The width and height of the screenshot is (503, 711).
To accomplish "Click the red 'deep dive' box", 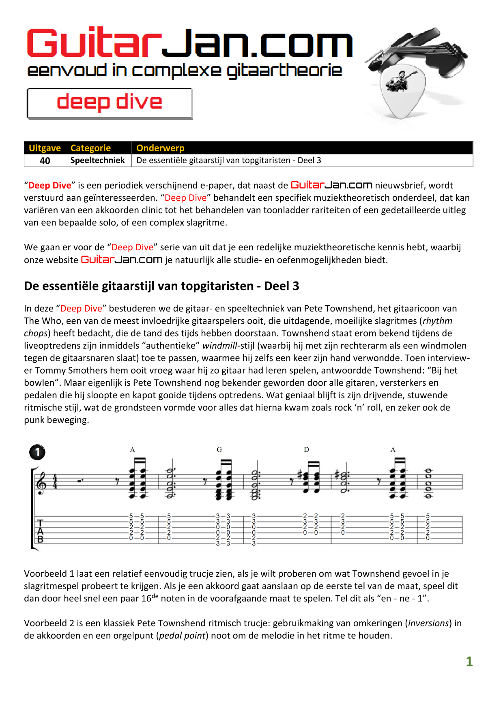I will (110, 103).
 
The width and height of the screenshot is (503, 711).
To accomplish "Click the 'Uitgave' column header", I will (45, 148).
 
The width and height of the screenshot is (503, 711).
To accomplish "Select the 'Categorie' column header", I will (90, 148).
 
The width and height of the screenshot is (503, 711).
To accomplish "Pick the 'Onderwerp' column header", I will (160, 148).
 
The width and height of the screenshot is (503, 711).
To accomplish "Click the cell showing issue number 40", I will (45, 161).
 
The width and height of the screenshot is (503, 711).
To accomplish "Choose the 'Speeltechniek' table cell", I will (98, 160).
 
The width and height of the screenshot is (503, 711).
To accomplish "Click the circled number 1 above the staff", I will (37, 452).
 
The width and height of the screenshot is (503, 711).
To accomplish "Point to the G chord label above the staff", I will (219, 449).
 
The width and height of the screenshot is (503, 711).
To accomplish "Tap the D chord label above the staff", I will (306, 449).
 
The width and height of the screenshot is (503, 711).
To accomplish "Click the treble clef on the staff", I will (41, 483).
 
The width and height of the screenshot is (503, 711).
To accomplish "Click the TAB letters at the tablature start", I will (40, 531).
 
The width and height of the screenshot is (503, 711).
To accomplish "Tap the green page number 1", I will (469, 662).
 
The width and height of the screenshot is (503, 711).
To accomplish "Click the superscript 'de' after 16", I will (155, 596).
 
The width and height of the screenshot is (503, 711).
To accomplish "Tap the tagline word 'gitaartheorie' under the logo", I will (284, 71).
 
